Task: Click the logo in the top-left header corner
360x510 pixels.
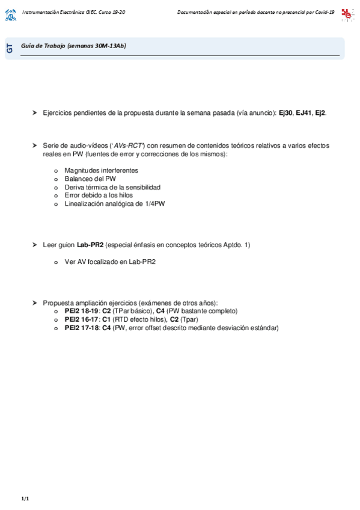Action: click(x=11, y=14)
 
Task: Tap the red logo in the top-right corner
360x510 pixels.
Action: click(x=347, y=14)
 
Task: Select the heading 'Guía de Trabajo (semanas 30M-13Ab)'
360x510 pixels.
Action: click(x=73, y=46)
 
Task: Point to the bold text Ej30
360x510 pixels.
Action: click(x=285, y=113)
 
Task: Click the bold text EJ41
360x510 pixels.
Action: click(x=304, y=113)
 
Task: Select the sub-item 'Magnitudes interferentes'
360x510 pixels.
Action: click(x=101, y=170)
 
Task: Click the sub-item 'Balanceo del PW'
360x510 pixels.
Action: click(x=90, y=179)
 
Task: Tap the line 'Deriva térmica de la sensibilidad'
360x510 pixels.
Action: click(x=112, y=187)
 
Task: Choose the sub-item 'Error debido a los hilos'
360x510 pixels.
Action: click(x=99, y=195)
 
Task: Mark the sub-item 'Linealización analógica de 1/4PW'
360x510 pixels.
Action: click(x=114, y=204)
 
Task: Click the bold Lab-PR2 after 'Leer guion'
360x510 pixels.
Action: click(x=90, y=245)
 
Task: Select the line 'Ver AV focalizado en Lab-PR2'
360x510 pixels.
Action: click(x=110, y=262)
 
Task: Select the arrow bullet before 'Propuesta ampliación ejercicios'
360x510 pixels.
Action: click(x=35, y=303)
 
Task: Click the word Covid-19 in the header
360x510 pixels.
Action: click(x=322, y=12)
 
